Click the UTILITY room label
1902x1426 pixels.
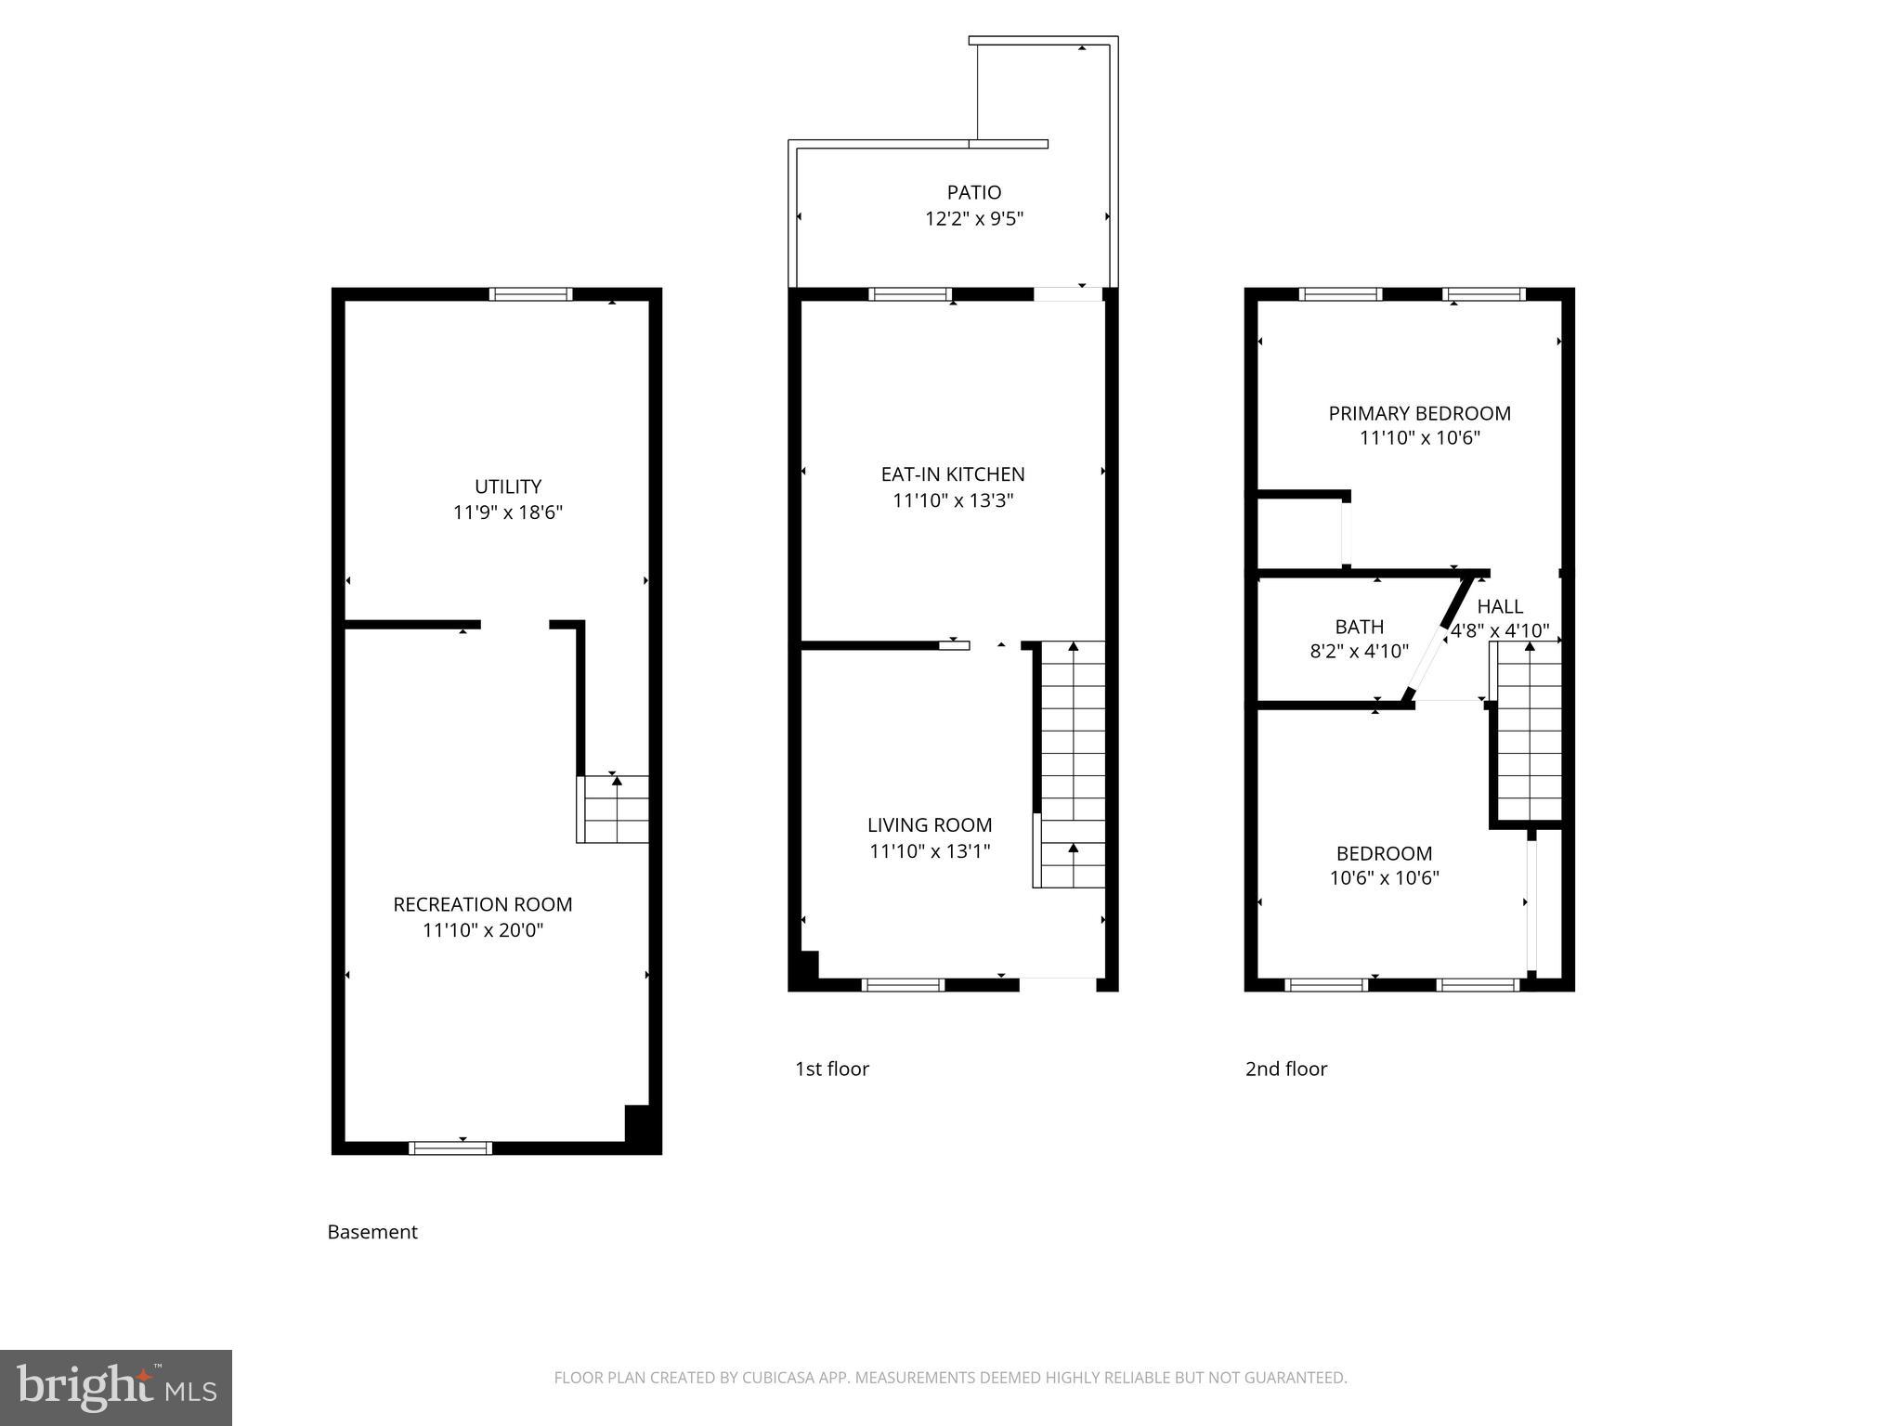507,486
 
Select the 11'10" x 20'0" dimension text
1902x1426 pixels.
483,930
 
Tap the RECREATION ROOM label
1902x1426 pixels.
482,904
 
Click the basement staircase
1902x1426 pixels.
613,810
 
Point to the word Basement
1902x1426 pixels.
372,1232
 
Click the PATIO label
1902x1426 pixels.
973,192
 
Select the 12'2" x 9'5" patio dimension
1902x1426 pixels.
973,219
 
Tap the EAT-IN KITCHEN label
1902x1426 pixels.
953,474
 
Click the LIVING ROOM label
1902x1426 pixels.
930,825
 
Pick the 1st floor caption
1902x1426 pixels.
831,1069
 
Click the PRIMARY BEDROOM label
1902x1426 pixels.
1419,413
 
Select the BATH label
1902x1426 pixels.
1359,627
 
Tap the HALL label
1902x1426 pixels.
1500,606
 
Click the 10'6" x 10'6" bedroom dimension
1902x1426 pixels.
1384,878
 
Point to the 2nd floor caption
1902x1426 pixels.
1285,1069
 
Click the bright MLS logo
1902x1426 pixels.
115,1388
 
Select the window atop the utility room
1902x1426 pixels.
530,294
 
